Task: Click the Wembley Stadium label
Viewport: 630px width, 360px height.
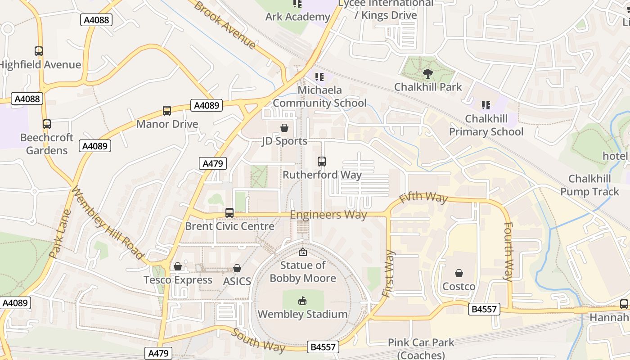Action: [x=302, y=314]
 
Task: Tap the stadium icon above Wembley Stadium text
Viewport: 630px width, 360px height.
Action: [x=302, y=301]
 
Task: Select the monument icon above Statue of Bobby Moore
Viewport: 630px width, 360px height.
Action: [x=302, y=252]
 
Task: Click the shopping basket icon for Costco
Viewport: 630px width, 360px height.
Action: [x=459, y=273]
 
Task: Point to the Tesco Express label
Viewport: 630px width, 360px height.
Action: [x=178, y=280]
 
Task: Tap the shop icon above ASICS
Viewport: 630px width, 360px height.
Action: [x=237, y=269]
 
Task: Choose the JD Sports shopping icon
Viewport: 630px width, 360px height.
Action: [x=284, y=128]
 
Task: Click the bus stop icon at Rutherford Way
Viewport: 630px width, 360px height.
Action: [x=322, y=161]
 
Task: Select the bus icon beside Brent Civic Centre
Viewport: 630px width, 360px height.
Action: [x=229, y=212]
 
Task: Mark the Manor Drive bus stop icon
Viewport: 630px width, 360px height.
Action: [x=167, y=111]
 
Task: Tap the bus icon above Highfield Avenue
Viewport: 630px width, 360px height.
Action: [x=39, y=51]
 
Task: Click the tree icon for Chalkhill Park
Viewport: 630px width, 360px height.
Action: [x=428, y=73]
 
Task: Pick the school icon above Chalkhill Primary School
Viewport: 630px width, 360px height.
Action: [x=486, y=105]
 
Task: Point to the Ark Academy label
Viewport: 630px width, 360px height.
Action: [x=298, y=17]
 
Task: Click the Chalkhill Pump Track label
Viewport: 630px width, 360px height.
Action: [x=589, y=185]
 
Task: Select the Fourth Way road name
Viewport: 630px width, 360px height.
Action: [x=508, y=252]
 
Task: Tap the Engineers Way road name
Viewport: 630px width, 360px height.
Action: [x=328, y=215]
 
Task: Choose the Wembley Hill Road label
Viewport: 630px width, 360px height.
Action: [x=107, y=223]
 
